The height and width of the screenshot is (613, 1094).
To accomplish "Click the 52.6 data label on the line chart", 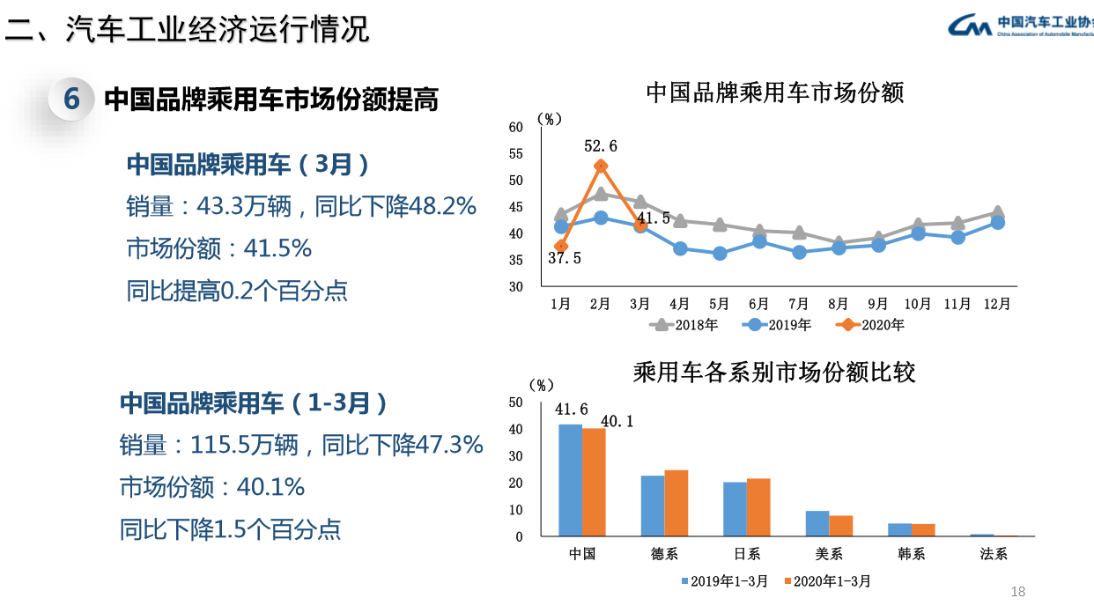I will click(600, 146).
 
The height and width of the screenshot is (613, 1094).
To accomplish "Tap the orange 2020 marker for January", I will click(561, 247).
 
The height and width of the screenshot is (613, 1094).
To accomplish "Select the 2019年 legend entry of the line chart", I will click(776, 325).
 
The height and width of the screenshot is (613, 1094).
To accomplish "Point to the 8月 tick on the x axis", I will click(839, 304).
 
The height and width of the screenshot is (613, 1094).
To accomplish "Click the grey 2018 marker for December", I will click(997, 212).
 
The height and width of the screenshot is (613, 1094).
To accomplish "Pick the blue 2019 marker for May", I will click(720, 254).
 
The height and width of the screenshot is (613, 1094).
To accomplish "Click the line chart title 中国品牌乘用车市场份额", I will click(775, 92).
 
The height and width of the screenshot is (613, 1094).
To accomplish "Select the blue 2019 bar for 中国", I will click(570, 480).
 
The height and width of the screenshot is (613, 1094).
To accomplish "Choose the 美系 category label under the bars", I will click(829, 554).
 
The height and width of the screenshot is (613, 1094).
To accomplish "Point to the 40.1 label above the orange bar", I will click(617, 422).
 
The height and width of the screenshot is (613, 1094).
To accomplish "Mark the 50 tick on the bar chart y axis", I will click(516, 403).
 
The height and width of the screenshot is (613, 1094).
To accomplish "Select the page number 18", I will click(1018, 592).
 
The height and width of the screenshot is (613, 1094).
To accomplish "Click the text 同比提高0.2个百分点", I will click(237, 291).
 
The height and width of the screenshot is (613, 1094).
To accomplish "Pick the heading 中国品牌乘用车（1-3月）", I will click(255, 403).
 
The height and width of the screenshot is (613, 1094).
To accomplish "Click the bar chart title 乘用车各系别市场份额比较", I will click(775, 372).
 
